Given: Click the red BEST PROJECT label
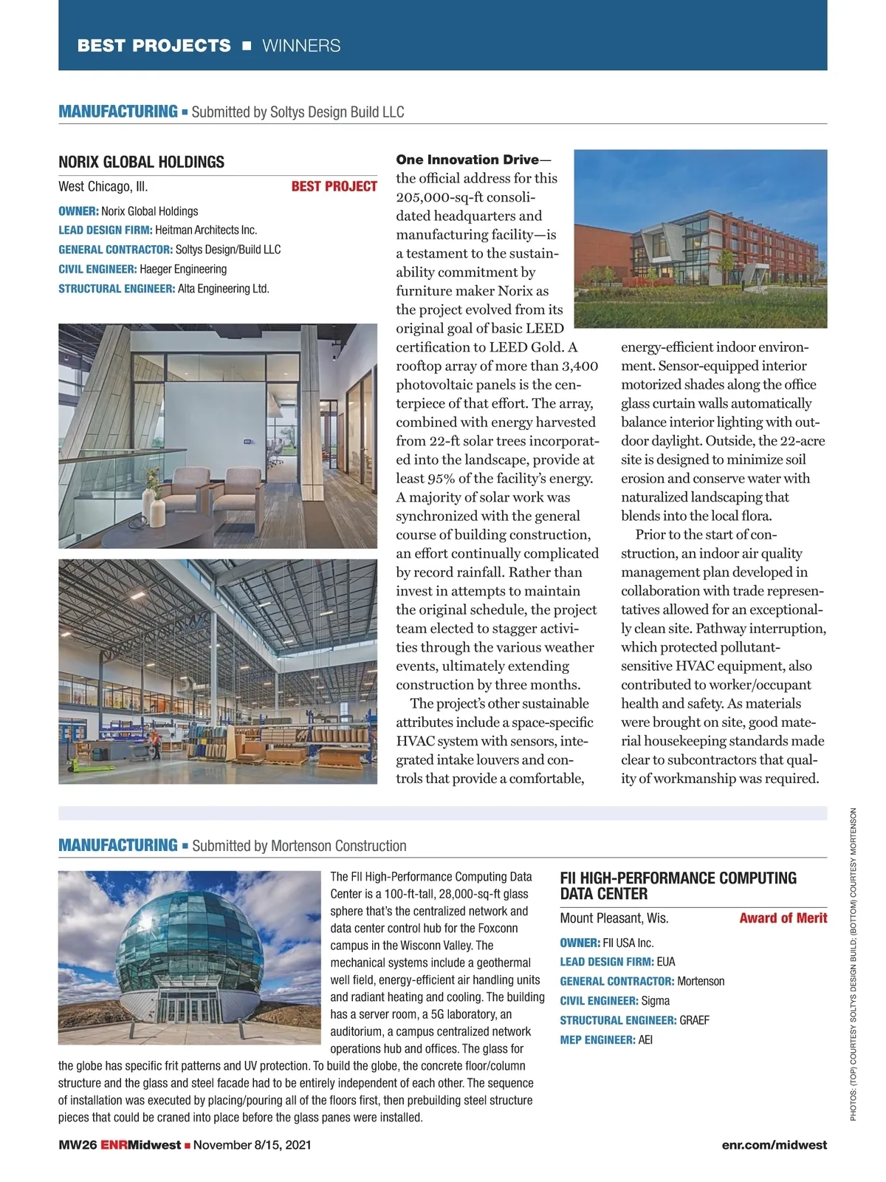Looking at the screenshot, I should click(334, 186).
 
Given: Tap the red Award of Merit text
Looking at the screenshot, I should click(783, 918).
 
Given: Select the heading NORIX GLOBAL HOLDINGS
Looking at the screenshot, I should click(141, 162).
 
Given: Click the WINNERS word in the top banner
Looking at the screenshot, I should click(301, 46).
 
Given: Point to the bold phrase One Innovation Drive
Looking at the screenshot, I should click(467, 160).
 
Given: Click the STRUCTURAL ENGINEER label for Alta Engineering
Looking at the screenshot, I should click(117, 289).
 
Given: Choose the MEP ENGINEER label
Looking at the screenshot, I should click(597, 1040).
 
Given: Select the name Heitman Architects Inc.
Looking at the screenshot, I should click(206, 230).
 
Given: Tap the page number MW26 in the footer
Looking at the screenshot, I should click(78, 1145).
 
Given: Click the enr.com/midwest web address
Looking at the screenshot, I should click(774, 1145).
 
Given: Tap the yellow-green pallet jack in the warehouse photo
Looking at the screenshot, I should click(83, 765).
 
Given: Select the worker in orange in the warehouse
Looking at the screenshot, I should click(155, 742).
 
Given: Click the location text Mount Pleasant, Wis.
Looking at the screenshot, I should click(614, 918).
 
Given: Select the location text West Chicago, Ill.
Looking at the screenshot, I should click(103, 186).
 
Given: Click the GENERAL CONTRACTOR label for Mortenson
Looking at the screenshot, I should click(617, 982).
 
